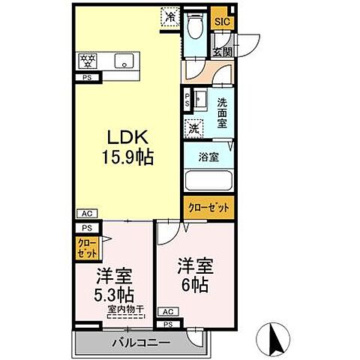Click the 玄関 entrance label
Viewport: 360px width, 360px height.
[x=221, y=52]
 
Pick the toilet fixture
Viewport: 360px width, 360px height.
[x=195, y=28]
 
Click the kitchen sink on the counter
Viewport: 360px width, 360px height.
[x=123, y=61]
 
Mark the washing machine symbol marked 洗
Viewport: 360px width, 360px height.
[x=194, y=127]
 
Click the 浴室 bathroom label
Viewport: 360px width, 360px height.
[x=208, y=158]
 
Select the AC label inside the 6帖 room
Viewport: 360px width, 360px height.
[x=167, y=312]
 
